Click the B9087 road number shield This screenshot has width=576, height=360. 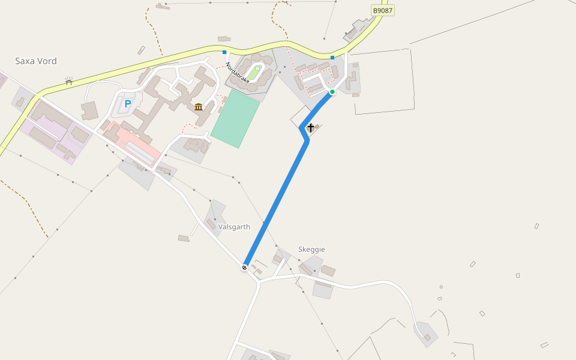tap(383, 10)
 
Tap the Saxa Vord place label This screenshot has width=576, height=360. tap(36, 61)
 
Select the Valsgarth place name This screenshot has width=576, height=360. tap(234, 227)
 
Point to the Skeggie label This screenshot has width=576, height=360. tap(311, 249)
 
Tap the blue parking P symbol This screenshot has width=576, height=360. tap(127, 104)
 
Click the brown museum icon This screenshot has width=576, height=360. tap(199, 107)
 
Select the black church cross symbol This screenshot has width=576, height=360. tap(310, 127)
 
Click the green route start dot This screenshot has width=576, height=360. tap(332, 92)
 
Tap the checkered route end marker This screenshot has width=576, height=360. tap(245, 268)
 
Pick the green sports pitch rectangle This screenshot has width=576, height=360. tap(235, 118)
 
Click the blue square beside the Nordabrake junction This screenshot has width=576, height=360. tap(224, 52)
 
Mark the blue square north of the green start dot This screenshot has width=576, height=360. tap(332, 58)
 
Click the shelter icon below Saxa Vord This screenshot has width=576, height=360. tap(68, 80)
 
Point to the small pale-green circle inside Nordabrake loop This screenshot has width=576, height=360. tap(257, 68)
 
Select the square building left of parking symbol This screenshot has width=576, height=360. tap(90, 111)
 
